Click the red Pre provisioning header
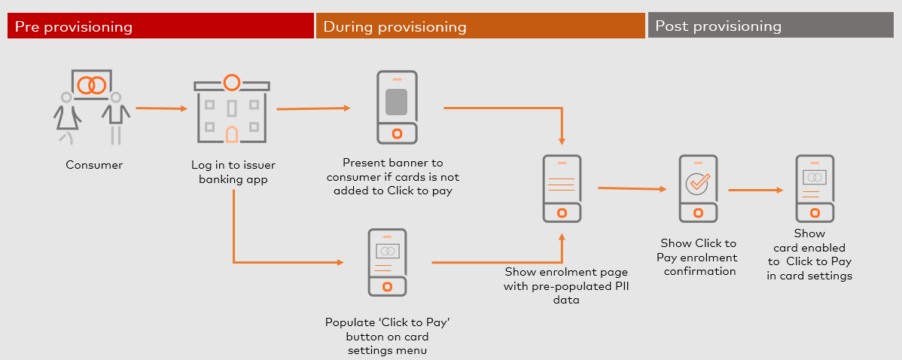click(160, 26)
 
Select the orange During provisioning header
click(480, 26)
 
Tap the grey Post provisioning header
click(771, 26)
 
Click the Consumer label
click(94, 165)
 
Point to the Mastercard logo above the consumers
click(92, 84)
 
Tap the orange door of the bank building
click(231, 134)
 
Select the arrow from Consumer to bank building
click(162, 108)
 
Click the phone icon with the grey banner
click(396, 107)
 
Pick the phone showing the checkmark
click(699, 188)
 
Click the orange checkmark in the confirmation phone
click(699, 182)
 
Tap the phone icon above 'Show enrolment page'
click(562, 188)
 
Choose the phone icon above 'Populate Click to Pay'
click(387, 262)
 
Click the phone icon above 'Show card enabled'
click(815, 188)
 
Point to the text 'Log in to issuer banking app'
click(233, 172)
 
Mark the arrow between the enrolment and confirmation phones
click(632, 188)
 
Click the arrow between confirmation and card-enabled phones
click(756, 190)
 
